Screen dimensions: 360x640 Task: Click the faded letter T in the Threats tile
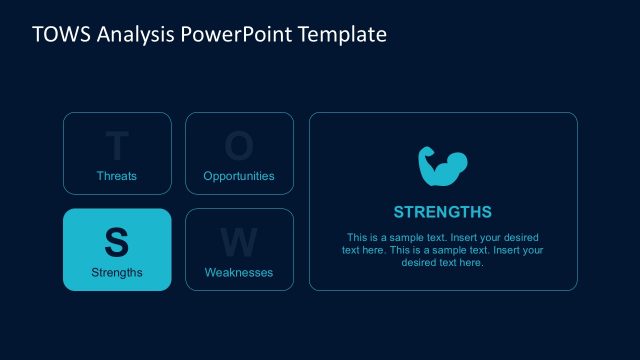tap(117, 147)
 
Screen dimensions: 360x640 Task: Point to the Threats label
tap(117, 176)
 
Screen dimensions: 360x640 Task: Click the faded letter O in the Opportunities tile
tap(239, 147)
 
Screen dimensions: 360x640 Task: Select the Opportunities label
tap(239, 176)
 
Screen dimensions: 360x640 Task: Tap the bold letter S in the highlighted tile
tap(117, 242)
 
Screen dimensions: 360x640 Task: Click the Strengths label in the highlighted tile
tap(117, 272)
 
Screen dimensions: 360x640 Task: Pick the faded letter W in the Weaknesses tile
tap(239, 242)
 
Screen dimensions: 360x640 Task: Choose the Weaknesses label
tap(239, 272)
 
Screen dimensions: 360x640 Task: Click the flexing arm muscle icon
tap(443, 167)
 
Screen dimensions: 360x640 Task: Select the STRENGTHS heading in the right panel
tap(443, 212)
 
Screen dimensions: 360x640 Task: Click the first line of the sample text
tap(443, 237)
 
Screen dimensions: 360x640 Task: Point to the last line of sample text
tap(443, 263)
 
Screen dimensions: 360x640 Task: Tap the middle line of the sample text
tap(443, 250)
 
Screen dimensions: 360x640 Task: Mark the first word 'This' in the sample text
tap(357, 237)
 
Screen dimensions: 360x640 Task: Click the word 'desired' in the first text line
tap(522, 237)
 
